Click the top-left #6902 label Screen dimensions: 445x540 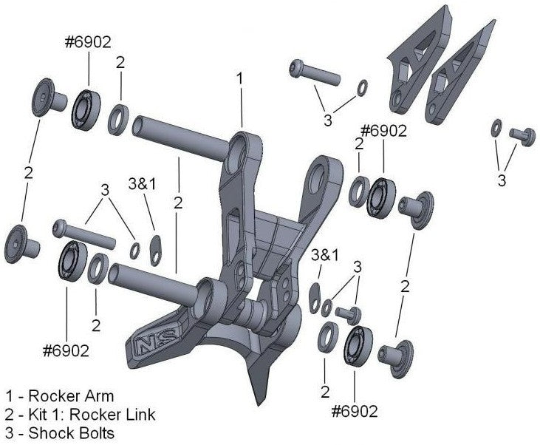click(88, 42)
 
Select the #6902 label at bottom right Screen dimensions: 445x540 click(355, 410)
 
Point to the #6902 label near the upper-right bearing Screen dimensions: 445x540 click(383, 131)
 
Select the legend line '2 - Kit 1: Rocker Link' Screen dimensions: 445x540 click(81, 414)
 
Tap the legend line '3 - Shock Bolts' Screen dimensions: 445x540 click(60, 432)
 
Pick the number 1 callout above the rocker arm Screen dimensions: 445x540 click(240, 77)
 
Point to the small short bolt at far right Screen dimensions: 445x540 click(522, 136)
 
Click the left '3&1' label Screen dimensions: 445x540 click(142, 184)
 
